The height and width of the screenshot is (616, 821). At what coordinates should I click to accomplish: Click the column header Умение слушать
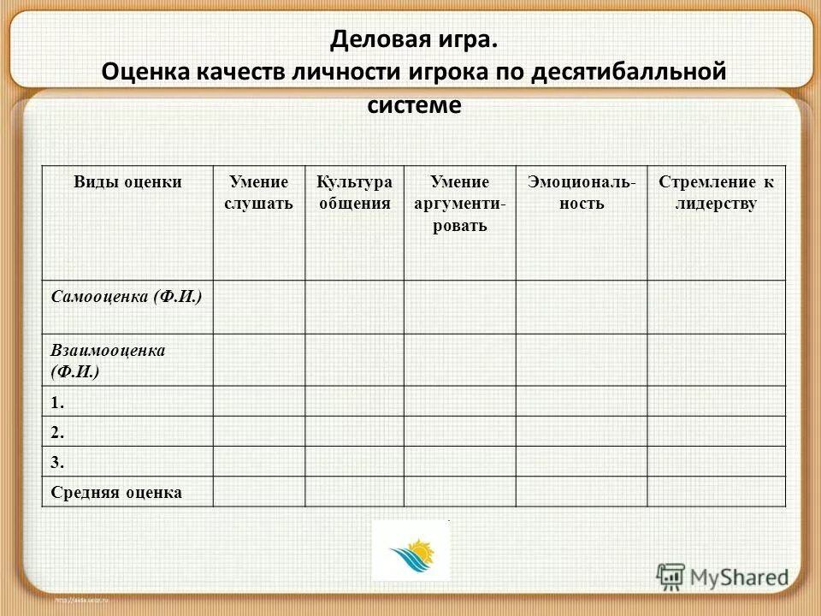tap(259, 192)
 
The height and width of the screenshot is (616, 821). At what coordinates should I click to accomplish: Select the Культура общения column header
tap(354, 192)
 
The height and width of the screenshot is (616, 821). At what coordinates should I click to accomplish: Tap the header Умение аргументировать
tap(459, 204)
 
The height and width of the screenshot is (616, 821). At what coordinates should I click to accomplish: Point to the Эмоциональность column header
tap(581, 192)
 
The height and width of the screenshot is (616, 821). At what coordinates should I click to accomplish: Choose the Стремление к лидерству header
tap(715, 192)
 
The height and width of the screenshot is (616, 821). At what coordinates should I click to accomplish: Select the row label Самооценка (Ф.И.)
tap(127, 298)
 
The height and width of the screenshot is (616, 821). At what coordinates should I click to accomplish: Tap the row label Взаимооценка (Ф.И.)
tap(108, 360)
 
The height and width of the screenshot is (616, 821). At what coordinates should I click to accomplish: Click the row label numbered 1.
tap(57, 401)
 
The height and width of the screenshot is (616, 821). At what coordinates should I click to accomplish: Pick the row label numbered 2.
tap(57, 432)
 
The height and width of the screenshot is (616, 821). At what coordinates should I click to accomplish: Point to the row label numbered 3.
tap(57, 462)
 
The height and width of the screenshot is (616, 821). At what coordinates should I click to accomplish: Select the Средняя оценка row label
tap(116, 492)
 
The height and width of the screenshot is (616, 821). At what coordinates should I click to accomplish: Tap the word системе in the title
tap(414, 104)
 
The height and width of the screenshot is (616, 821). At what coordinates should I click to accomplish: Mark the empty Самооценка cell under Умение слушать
tap(259, 306)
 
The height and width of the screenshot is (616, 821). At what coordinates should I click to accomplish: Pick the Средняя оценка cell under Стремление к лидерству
tap(715, 491)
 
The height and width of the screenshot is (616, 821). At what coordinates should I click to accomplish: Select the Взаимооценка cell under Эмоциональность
tap(581, 359)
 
